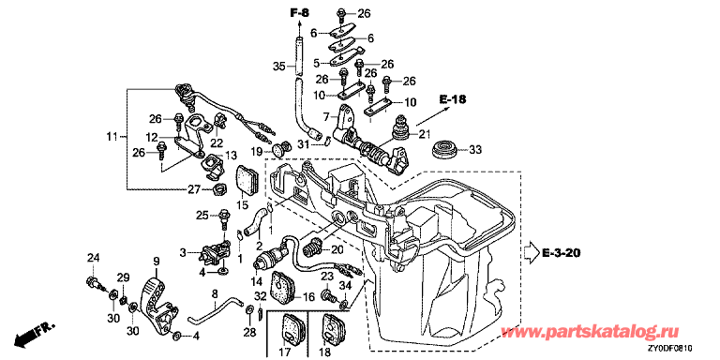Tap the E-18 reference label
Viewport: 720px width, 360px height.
click(x=451, y=98)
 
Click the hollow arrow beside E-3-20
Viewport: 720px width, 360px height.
click(x=532, y=252)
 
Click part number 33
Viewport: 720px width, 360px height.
click(x=474, y=149)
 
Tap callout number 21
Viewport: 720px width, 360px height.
click(x=425, y=134)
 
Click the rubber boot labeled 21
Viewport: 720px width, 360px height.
click(x=397, y=127)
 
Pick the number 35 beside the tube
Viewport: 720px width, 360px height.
click(x=279, y=67)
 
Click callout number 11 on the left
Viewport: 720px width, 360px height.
click(x=112, y=136)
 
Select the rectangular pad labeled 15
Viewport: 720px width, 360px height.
click(x=247, y=180)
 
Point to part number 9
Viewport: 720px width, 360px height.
click(x=157, y=262)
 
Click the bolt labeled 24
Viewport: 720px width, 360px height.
click(x=93, y=282)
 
